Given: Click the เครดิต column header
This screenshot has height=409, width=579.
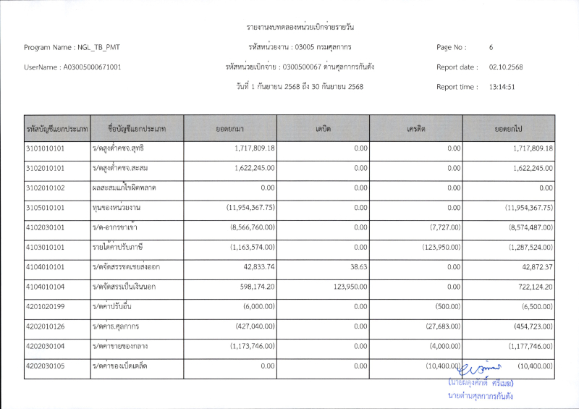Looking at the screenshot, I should click(415, 128).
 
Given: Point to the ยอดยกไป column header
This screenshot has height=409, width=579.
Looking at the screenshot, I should click(509, 128).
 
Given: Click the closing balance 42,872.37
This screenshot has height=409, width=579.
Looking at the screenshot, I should click(536, 267).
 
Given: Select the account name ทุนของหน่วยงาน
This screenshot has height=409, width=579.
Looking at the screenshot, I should click(117, 208).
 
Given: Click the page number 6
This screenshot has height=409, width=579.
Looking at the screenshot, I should click(491, 48).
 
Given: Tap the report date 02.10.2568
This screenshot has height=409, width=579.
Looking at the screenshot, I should click(506, 67).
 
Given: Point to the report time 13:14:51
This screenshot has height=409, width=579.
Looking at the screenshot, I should click(502, 87).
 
